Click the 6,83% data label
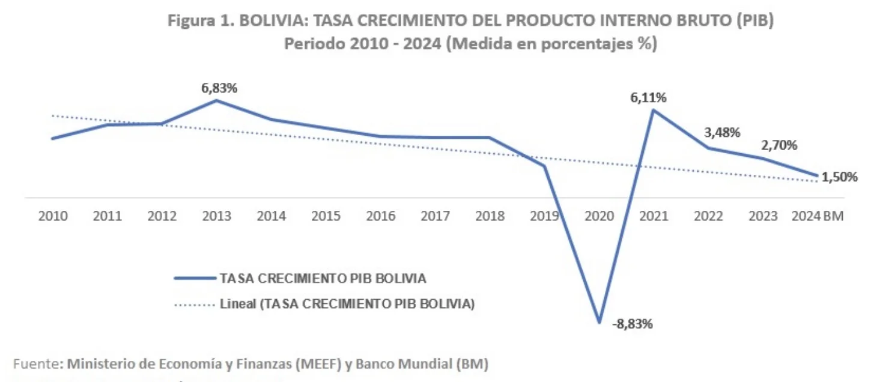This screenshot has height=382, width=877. click(x=219, y=88)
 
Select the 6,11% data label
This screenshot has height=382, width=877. click(x=648, y=98)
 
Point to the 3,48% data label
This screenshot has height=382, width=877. click(x=721, y=133)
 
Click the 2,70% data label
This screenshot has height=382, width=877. click(x=780, y=145)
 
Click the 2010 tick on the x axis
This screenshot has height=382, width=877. click(x=53, y=216)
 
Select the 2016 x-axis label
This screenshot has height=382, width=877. click(x=381, y=216)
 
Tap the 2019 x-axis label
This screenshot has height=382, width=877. click(x=545, y=216)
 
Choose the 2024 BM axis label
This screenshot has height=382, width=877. click(x=818, y=216)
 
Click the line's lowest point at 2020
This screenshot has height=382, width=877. click(x=599, y=322)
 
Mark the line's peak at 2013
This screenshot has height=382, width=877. click(x=217, y=100)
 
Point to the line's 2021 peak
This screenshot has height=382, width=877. click(x=654, y=110)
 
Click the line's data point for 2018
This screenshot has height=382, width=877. click(x=490, y=138)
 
